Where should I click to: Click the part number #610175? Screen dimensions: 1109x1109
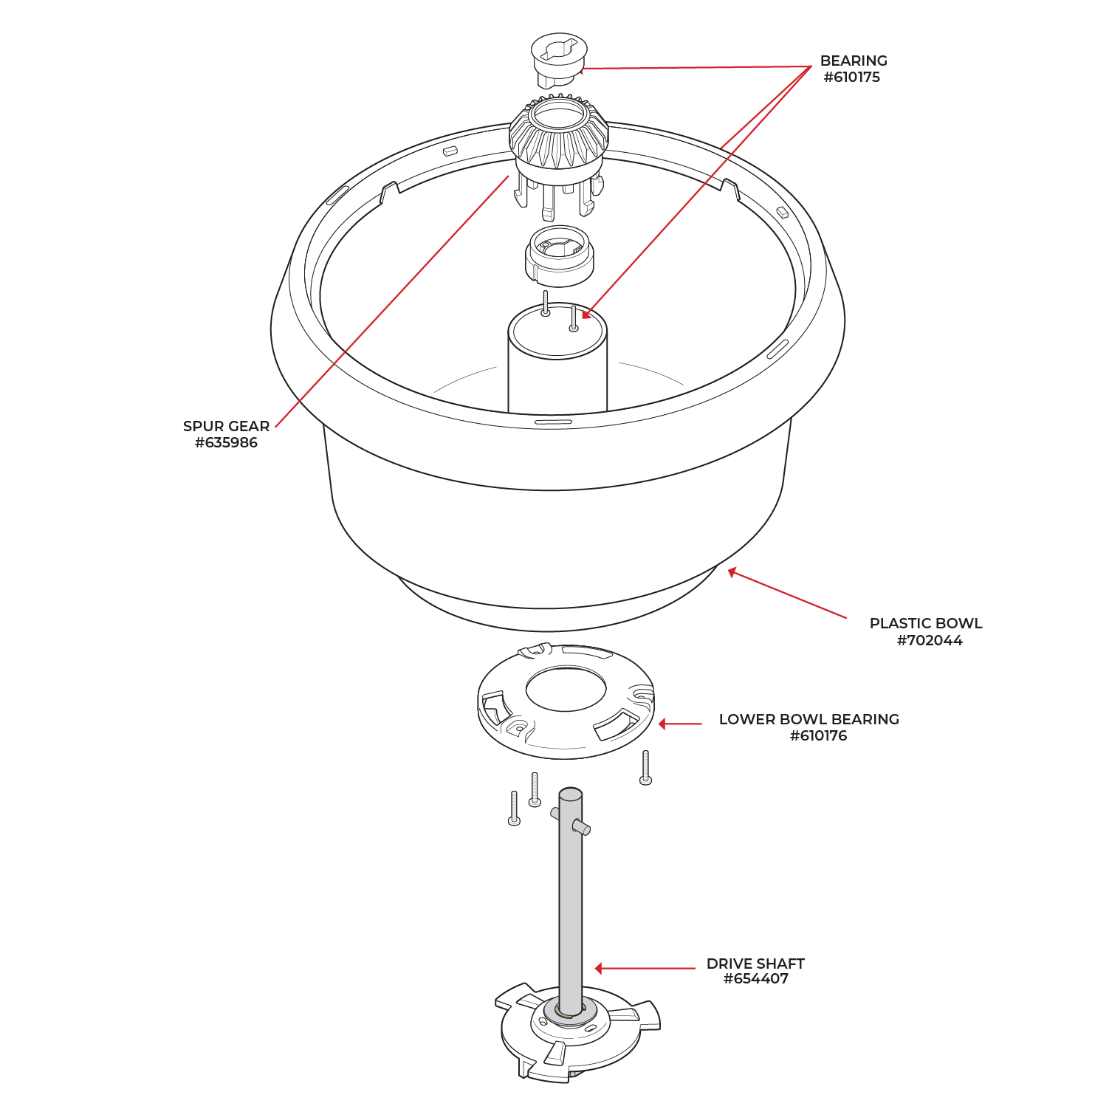(851, 78)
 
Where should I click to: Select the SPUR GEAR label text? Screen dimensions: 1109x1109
(226, 426)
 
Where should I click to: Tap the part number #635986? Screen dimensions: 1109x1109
(226, 443)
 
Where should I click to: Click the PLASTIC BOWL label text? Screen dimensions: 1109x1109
(925, 623)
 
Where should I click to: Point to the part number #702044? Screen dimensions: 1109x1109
(929, 641)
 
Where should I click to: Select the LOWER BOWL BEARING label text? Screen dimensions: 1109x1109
(808, 719)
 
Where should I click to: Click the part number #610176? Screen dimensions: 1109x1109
(818, 736)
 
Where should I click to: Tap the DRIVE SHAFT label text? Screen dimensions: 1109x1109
(755, 964)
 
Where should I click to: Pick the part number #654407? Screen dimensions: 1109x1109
(755, 979)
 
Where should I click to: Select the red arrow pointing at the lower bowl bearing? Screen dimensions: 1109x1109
(679, 724)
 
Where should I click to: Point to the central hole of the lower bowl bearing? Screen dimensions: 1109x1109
(566, 689)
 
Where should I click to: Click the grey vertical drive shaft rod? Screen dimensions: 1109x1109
(570, 908)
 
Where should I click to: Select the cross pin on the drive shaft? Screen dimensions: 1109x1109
(580, 828)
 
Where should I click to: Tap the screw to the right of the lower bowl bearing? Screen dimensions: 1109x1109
(645, 768)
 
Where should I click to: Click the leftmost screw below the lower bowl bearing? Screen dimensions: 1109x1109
(514, 808)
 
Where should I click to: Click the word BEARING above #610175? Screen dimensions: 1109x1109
(854, 61)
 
